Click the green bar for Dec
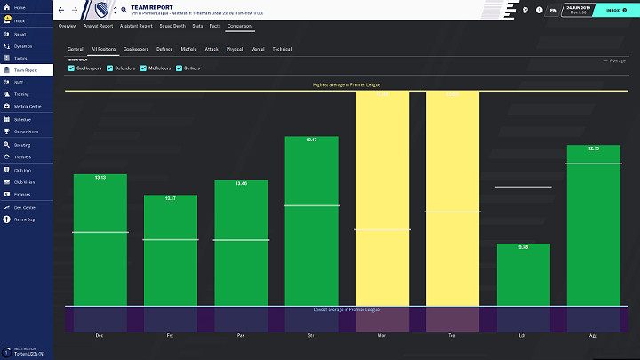click(x=100, y=240)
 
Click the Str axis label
click(x=311, y=335)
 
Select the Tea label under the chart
click(x=452, y=335)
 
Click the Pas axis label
click(x=241, y=335)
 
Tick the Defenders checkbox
click(x=110, y=68)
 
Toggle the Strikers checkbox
click(x=180, y=68)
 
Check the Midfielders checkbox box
click(x=144, y=68)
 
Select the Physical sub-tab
click(x=235, y=48)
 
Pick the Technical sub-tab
click(x=282, y=48)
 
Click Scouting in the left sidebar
click(x=21, y=143)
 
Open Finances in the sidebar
click(x=22, y=193)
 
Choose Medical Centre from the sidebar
click(x=26, y=106)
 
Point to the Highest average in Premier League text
click(x=346, y=84)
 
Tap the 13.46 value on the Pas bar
click(x=241, y=183)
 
